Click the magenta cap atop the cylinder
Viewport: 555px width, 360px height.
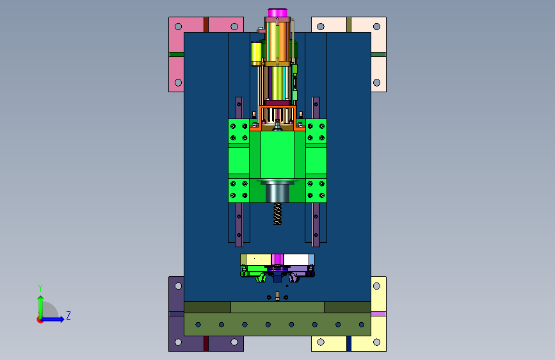pos(277,13)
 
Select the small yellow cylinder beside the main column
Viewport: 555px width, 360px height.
pos(256,54)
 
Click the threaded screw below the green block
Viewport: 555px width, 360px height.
pos(278,214)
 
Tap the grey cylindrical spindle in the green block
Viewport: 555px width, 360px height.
pos(278,192)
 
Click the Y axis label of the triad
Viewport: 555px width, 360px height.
pos(40,288)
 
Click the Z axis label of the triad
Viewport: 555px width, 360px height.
pos(68,315)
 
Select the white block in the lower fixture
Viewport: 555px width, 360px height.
pos(296,259)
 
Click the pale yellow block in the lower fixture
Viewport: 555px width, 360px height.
pos(259,259)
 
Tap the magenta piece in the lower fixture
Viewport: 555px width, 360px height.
pos(278,259)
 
